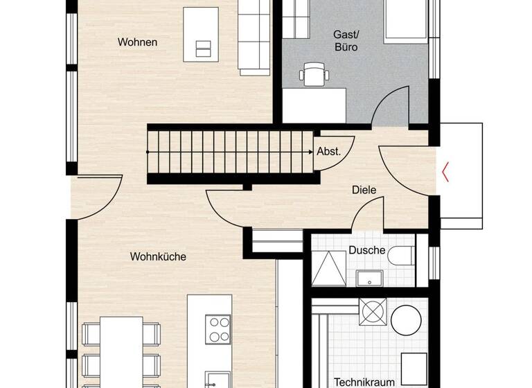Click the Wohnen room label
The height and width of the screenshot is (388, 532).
click(x=137, y=42)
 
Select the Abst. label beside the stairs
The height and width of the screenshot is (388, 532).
click(x=328, y=152)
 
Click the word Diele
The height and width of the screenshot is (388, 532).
click(x=363, y=189)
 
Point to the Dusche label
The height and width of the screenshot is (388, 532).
click(x=366, y=250)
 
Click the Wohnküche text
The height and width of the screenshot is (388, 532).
click(x=158, y=256)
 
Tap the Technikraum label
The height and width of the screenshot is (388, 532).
click(x=365, y=381)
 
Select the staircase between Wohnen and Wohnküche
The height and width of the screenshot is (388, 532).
click(x=229, y=152)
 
